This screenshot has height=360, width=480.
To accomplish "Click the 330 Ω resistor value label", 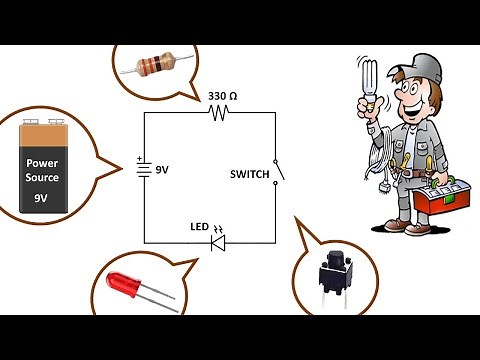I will pos(222,97).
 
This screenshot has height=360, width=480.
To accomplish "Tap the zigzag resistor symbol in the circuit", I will pos(220,113).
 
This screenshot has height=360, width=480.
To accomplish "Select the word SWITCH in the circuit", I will pos(249,175).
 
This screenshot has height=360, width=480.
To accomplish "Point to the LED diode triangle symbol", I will pos(218,241).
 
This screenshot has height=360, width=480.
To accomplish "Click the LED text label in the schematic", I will pos(198,227).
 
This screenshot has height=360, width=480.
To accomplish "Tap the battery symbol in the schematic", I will pos(145,170).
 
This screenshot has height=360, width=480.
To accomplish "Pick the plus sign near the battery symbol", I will pos(137,159).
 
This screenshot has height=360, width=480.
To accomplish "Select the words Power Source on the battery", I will pos(43,170).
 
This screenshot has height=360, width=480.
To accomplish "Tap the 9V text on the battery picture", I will pos(41,199).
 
